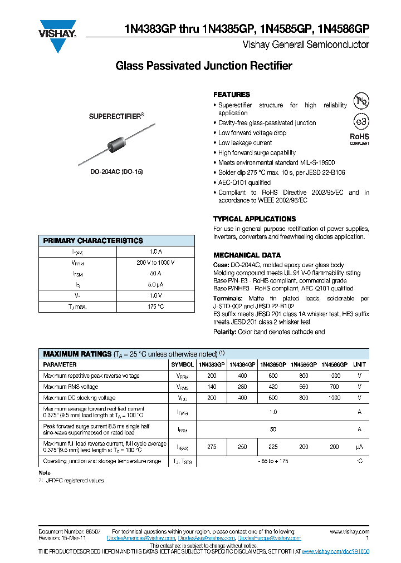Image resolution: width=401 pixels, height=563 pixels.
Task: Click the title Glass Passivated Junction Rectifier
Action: pos(203,66)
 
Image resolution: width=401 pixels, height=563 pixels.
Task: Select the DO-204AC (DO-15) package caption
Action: pos(117,172)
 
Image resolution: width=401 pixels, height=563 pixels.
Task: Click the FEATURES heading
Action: pos(232,95)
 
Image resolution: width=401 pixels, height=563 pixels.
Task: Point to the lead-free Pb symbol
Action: pos(361,101)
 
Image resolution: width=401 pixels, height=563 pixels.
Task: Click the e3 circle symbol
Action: pos(361,121)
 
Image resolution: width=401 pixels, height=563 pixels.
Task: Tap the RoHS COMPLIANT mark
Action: pos(359,139)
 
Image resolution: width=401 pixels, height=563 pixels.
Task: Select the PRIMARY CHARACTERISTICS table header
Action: pos(93,241)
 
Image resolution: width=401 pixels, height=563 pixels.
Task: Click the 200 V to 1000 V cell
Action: pos(155,263)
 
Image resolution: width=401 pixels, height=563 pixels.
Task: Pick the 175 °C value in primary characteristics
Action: pos(155,307)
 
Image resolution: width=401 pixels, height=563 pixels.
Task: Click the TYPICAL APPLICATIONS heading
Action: pos(255,219)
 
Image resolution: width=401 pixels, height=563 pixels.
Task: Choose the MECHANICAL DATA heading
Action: pos(243,255)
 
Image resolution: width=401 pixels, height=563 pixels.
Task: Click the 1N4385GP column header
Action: pos(273,364)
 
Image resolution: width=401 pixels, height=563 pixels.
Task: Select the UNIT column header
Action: pos(360,364)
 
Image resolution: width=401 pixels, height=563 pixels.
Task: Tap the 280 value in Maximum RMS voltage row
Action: pos(242,387)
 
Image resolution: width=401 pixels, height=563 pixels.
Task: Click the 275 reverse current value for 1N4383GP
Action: pos(212,447)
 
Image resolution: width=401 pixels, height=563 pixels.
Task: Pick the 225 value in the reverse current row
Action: pos(273,447)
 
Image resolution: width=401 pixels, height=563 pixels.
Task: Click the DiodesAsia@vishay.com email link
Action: pos(206,538)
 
